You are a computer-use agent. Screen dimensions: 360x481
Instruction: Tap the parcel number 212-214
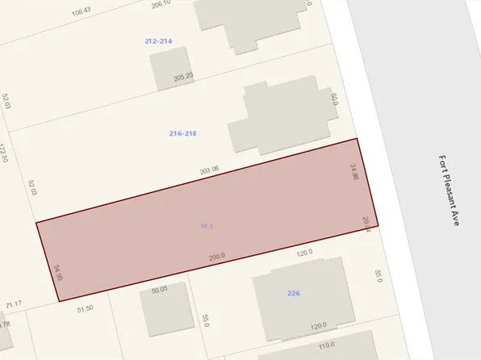[x=158, y=40]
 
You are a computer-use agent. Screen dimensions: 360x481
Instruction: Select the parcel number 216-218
[x=184, y=133]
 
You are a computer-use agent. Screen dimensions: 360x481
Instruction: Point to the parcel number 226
[x=294, y=293]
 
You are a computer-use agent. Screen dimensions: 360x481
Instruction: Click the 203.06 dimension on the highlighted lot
[x=210, y=170]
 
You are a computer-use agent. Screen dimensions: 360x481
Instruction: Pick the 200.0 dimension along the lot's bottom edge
[x=217, y=257]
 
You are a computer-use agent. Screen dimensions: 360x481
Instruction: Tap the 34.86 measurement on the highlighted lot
[x=353, y=172]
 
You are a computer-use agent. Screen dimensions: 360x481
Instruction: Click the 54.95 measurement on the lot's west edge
[x=57, y=272]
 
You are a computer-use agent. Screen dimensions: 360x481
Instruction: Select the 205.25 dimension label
[x=184, y=77]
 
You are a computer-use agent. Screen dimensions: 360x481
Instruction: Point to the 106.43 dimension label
[x=81, y=11]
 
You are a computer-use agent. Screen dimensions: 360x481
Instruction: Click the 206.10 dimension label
[x=161, y=4]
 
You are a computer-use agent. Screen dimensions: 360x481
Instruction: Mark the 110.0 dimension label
[x=326, y=345]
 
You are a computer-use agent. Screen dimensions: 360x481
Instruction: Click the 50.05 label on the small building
[x=159, y=288]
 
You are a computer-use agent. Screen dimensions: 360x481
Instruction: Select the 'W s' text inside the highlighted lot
[x=207, y=227]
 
